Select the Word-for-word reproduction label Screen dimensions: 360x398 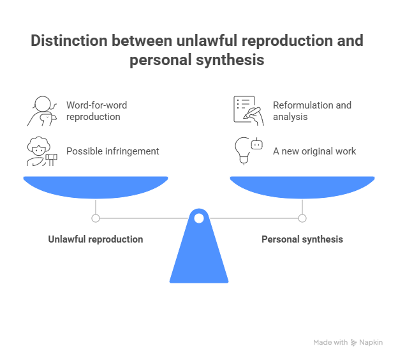[x=96, y=110]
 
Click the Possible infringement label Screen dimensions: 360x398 [x=112, y=151]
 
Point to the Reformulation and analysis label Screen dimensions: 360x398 [x=311, y=110]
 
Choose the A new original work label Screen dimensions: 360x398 [x=314, y=151]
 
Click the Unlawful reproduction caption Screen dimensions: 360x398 [x=96, y=239]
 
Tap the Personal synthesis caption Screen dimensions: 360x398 [x=302, y=239]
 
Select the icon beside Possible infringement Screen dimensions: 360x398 [x=40, y=151]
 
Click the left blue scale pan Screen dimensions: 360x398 [x=96, y=187]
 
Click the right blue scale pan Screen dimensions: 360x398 [x=302, y=187]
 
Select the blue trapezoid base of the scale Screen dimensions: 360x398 [x=199, y=255]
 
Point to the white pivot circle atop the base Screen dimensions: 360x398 [x=199, y=219]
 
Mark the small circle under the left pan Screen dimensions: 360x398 [x=96, y=218]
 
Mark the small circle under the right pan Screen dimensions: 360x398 [x=302, y=218]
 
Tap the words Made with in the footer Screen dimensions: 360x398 [x=330, y=343]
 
